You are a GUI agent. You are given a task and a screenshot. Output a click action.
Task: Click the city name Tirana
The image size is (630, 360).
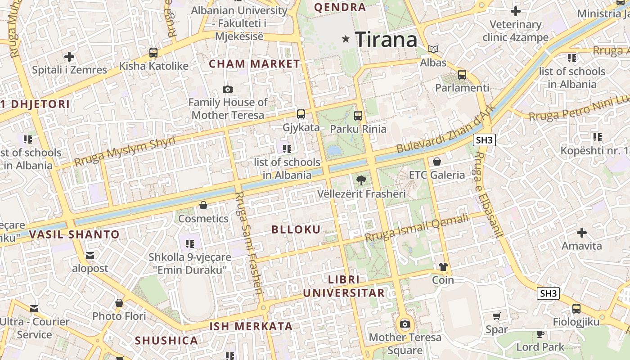(386, 40)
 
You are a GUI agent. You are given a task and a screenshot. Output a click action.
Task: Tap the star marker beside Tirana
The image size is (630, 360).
(346, 39)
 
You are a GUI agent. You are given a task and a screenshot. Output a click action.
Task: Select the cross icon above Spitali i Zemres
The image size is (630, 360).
(69, 57)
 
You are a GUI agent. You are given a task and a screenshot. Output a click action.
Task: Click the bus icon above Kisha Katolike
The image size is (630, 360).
(153, 53)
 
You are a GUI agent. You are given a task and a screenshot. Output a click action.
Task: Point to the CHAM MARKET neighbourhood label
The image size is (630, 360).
(254, 64)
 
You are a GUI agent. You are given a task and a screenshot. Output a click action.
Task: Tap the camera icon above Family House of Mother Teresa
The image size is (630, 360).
(228, 89)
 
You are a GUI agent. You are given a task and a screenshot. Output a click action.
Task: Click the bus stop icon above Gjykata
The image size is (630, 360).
(301, 114)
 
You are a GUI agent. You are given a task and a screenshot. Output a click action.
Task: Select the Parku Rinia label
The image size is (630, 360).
(358, 129)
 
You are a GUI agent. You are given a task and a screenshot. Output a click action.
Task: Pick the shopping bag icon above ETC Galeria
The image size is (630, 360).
(436, 162)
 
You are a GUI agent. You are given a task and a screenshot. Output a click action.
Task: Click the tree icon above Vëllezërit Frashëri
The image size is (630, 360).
(361, 181)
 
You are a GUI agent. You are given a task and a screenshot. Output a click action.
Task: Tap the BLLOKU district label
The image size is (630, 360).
(296, 229)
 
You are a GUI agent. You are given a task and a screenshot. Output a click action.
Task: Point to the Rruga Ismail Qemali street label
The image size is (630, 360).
(417, 228)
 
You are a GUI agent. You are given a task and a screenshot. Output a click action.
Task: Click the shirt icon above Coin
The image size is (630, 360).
(443, 267)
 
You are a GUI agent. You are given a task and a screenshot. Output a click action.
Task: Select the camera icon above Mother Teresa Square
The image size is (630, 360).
(405, 324)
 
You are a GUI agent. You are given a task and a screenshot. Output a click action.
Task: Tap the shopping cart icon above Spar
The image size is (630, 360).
(497, 316)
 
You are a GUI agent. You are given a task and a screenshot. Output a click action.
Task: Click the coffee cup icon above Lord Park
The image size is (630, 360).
(540, 334)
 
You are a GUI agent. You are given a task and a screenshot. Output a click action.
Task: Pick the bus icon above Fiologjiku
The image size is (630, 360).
(576, 309)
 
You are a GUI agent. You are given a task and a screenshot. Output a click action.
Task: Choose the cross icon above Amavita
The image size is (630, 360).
(582, 233)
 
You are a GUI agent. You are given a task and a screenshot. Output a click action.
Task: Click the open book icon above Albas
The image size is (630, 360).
(433, 49)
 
